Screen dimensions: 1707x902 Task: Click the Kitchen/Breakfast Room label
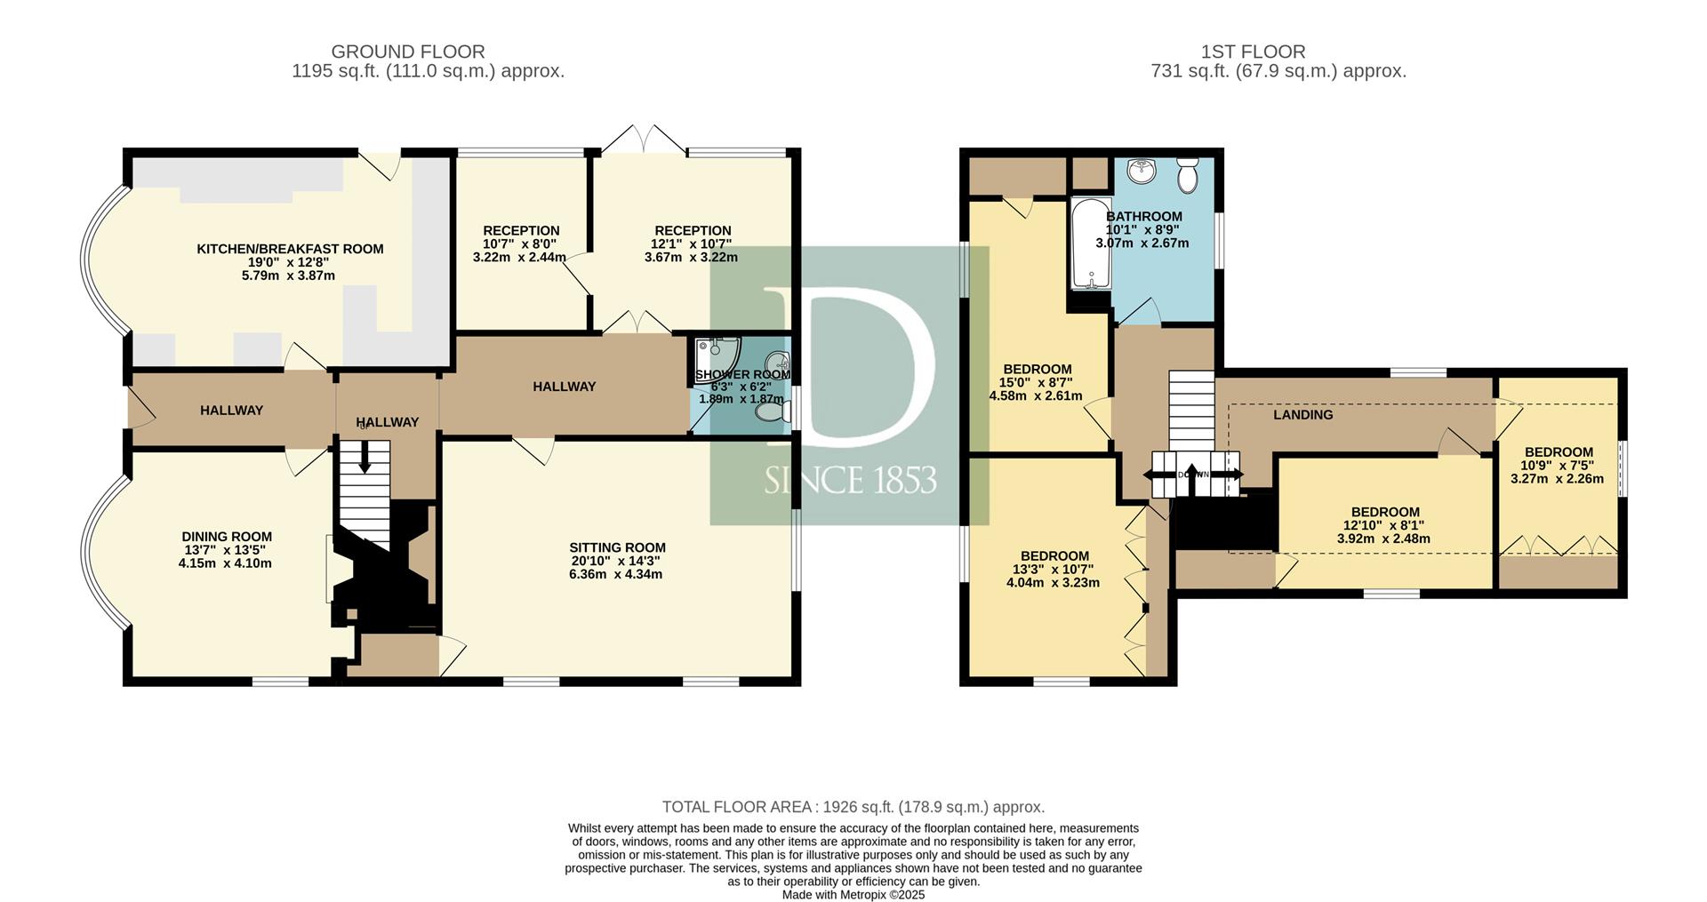pyautogui.click(x=290, y=249)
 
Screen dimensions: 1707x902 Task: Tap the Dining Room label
pyautogui.click(x=227, y=537)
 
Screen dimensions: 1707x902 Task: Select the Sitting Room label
pyautogui.click(x=617, y=547)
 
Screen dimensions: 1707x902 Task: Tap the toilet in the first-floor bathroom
pyautogui.click(x=1187, y=175)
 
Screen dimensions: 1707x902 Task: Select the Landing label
pyautogui.click(x=1302, y=415)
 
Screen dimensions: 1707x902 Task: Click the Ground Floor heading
pyautogui.click(x=408, y=52)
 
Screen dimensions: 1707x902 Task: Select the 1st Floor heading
pyautogui.click(x=1278, y=52)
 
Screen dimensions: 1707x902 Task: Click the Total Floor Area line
pyautogui.click(x=853, y=807)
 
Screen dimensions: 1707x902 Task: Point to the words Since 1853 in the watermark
pyautogui.click(x=850, y=480)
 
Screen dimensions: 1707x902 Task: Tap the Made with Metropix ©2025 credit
pyautogui.click(x=853, y=895)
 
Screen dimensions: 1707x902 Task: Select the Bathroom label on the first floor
pyautogui.click(x=1143, y=216)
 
